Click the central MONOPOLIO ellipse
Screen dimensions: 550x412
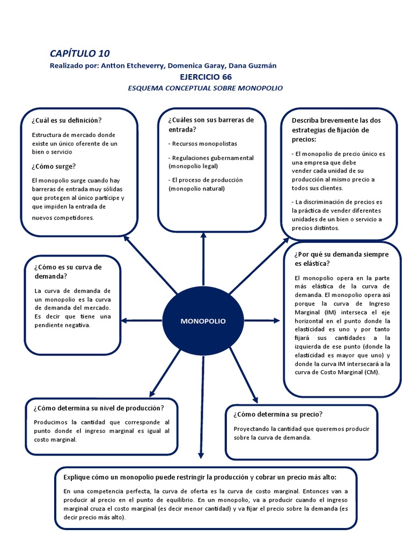(x=203, y=321)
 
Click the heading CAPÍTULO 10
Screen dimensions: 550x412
(x=79, y=53)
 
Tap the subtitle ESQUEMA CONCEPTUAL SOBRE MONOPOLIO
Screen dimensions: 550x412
(x=205, y=88)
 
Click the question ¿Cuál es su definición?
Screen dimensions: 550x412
(x=67, y=120)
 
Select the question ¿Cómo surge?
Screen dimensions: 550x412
(x=54, y=166)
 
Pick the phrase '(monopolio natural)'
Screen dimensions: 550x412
(x=196, y=189)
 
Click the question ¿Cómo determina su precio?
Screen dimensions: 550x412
(x=278, y=414)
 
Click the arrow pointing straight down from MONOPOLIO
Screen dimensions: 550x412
(x=202, y=408)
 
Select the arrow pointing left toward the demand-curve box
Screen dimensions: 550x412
(x=141, y=321)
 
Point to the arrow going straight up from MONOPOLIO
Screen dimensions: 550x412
(x=203, y=263)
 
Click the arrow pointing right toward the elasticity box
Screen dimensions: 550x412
(x=263, y=321)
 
